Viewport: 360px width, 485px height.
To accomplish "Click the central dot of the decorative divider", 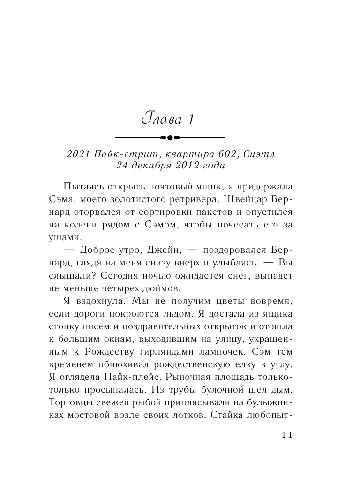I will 170,137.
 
